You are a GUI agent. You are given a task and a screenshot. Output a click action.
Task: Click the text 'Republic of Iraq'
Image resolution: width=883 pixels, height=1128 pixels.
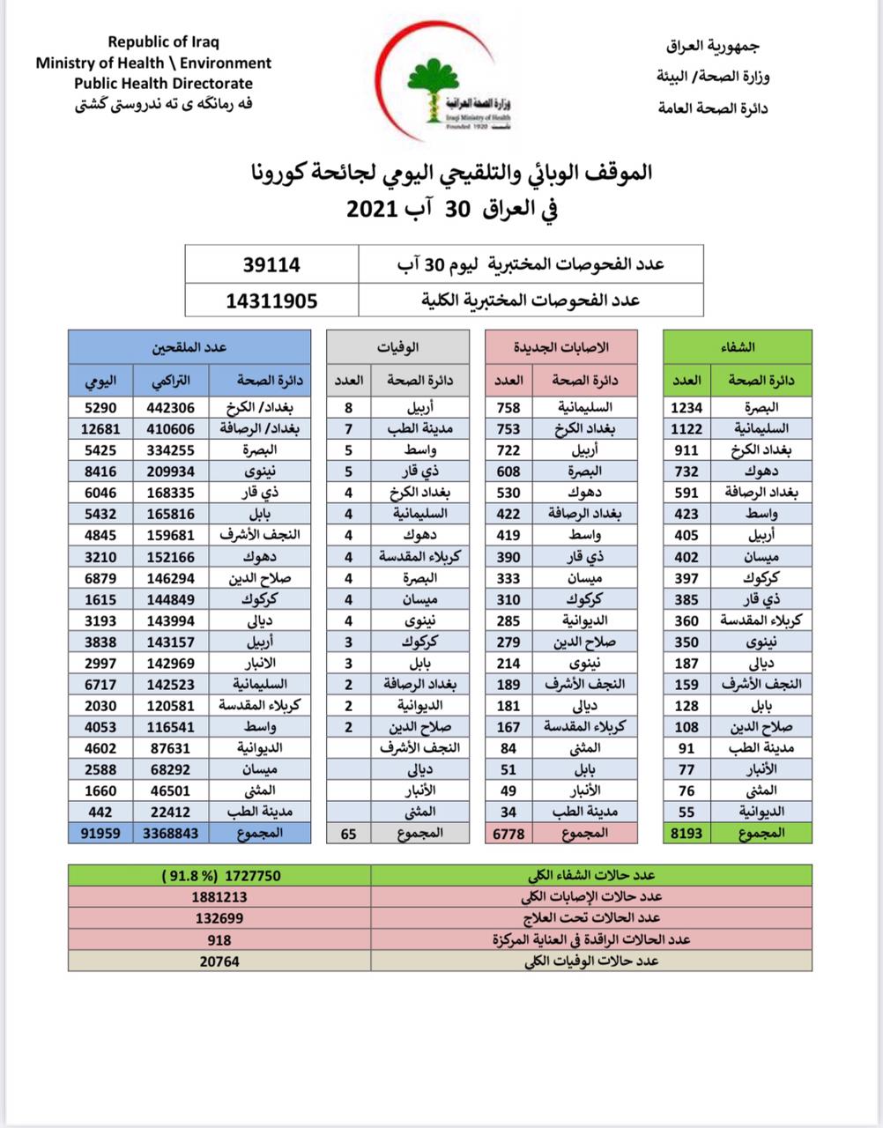coord(163,41)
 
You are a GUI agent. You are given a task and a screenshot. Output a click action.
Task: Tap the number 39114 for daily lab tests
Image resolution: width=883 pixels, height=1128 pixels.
coord(271,264)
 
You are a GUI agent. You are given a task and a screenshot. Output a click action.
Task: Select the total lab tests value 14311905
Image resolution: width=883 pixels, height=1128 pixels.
coord(271,301)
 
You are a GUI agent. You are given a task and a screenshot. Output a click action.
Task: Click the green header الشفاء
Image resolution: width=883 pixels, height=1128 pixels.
coord(738,347)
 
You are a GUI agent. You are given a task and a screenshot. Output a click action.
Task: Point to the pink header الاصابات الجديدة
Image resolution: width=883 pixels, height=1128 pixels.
coord(560,347)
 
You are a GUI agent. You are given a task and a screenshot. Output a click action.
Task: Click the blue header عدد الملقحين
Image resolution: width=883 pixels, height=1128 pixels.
coord(189,347)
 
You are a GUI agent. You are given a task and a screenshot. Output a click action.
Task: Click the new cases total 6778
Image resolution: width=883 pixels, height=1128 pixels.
coord(508,833)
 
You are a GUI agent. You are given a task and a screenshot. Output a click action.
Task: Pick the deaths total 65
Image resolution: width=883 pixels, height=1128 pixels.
coord(348,833)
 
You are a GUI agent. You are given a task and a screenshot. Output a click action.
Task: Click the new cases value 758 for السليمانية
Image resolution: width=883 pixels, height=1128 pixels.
coord(508,407)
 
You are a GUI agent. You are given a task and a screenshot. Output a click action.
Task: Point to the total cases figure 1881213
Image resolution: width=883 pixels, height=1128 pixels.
coord(219,897)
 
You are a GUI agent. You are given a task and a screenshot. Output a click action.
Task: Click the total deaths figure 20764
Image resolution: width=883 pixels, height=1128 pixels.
coord(219,961)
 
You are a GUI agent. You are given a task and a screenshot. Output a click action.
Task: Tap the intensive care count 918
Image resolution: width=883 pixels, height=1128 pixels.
coord(219,940)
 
